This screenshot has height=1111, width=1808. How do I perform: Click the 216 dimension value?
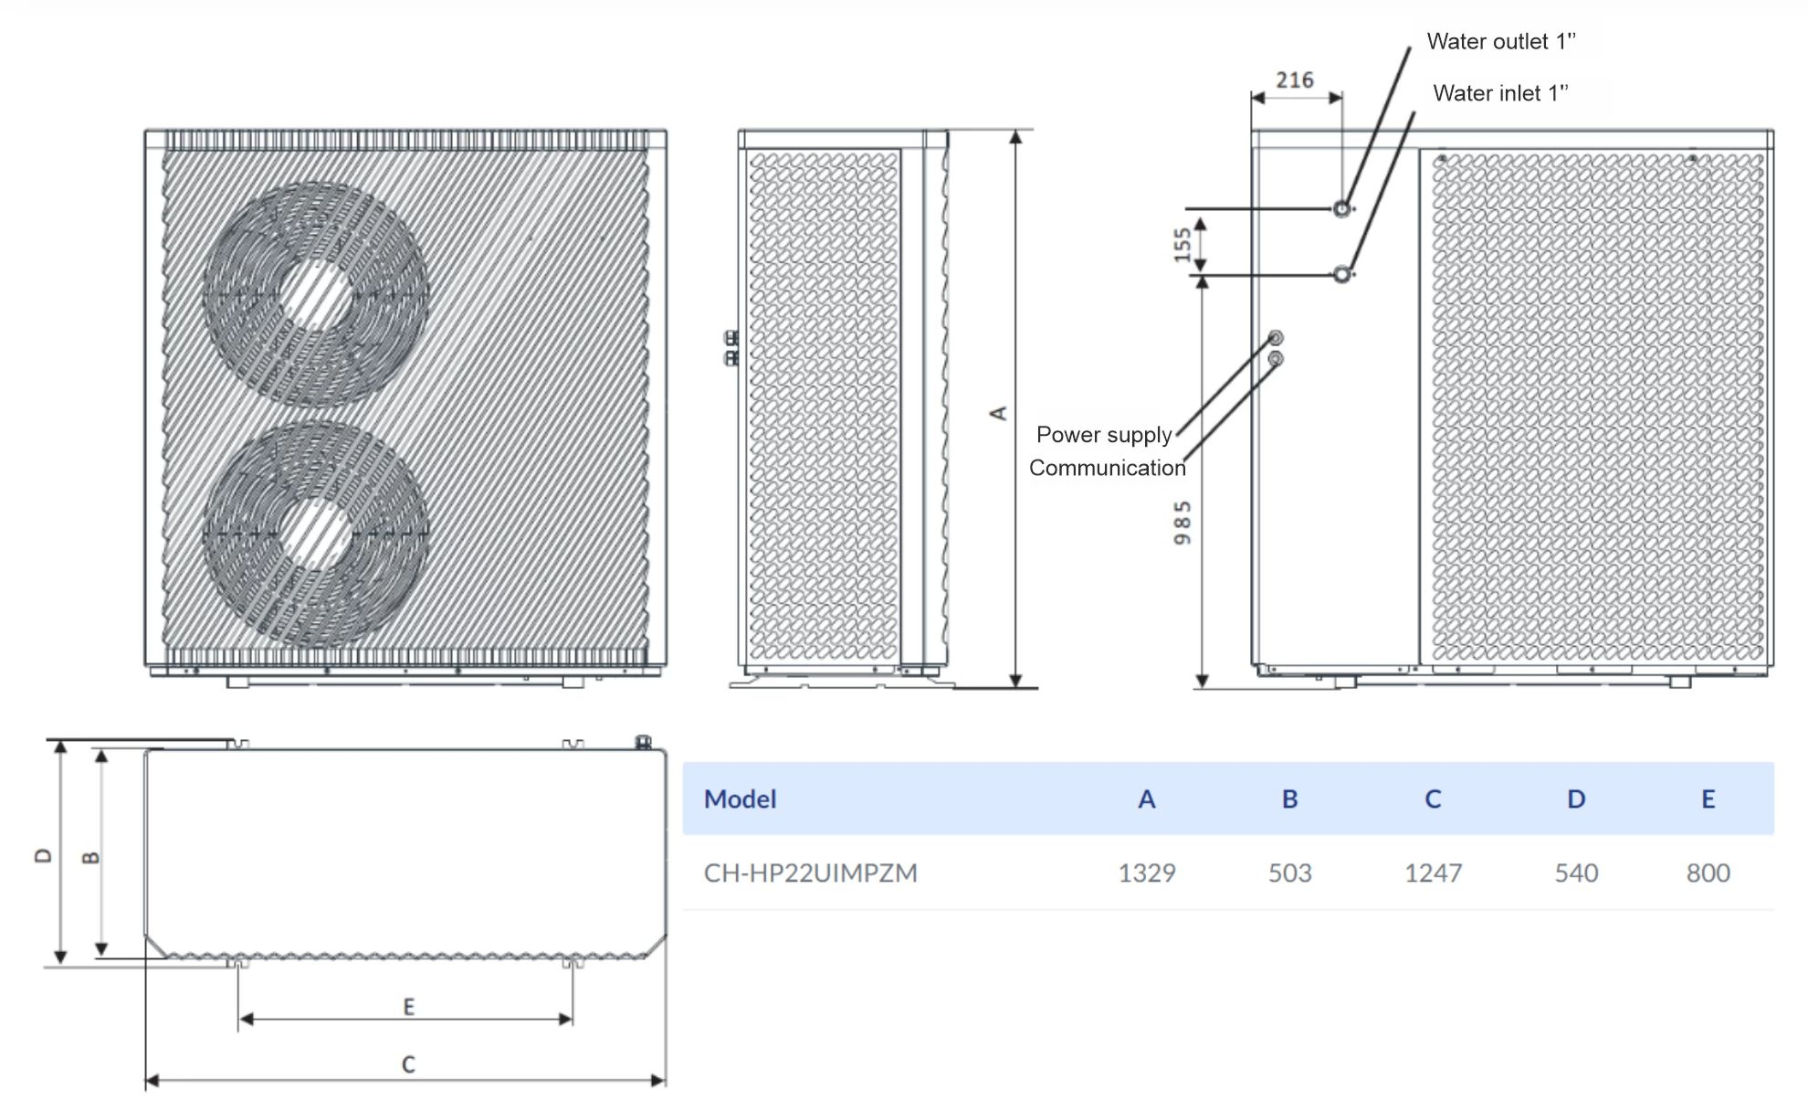[1295, 80]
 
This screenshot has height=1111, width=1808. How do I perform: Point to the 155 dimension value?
[1183, 244]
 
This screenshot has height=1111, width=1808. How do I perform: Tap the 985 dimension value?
[1183, 523]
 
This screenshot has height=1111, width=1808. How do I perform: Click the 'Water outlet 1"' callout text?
[1501, 41]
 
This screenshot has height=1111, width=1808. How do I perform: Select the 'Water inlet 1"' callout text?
[1500, 93]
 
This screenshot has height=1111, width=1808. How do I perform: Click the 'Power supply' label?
[1103, 435]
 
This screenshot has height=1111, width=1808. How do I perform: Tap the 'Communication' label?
[1107, 468]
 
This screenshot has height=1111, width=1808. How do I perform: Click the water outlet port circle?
[1341, 209]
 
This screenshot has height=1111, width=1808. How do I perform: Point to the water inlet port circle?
[1341, 273]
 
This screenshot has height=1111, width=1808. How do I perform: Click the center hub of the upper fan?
[315, 294]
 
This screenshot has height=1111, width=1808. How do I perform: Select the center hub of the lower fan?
[315, 533]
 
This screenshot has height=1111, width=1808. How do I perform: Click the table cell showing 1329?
[1147, 873]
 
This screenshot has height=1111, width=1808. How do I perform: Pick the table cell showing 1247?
[1433, 873]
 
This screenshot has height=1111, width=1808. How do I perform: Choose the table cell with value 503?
[1289, 873]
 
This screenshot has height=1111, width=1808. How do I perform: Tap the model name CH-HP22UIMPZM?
[810, 873]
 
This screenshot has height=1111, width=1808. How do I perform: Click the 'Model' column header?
[740, 799]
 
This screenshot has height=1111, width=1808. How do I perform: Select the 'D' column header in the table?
[1576, 799]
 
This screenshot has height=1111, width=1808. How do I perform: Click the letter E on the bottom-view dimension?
[409, 1007]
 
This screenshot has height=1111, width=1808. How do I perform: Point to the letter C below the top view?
[408, 1064]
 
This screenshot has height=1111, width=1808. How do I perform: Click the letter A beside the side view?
[999, 413]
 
